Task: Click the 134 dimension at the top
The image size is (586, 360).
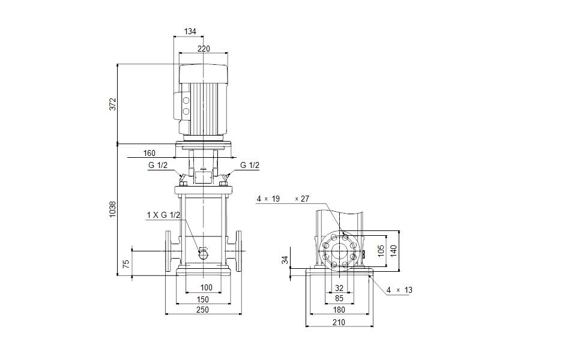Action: [x=190, y=31]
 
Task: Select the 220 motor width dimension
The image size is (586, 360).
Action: [x=204, y=49]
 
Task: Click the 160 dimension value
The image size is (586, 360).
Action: [x=150, y=153]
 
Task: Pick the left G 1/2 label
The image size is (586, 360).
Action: [x=157, y=166]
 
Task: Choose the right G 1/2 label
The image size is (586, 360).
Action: [x=250, y=166]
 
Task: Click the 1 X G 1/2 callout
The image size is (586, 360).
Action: [x=163, y=215]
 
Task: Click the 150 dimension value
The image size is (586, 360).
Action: [x=203, y=299]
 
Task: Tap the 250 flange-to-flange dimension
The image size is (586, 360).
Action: [x=203, y=310]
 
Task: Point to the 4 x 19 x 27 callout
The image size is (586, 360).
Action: [x=283, y=199]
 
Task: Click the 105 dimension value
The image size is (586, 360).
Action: [x=381, y=250]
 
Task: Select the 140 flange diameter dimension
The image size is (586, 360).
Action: [x=394, y=250]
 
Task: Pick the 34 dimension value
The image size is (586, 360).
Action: [x=286, y=260]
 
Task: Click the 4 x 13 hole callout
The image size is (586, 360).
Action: [x=399, y=290]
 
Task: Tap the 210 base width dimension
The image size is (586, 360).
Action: [x=339, y=322]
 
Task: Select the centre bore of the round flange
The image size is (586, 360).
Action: [x=339, y=251]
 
